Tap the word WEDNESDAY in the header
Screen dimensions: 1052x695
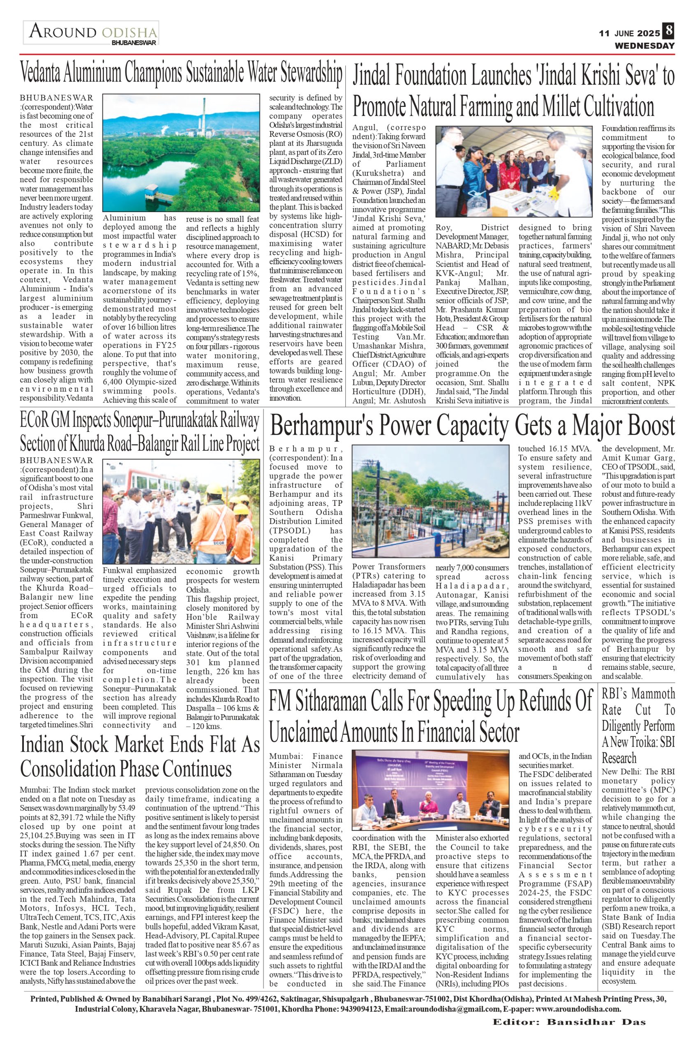pyautogui.click(x=644, y=46)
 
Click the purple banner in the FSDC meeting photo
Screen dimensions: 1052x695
pyautogui.click(x=430, y=770)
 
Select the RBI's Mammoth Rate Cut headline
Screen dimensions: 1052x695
pyautogui.click(x=638, y=726)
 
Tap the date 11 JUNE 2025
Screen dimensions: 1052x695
pyautogui.click(x=629, y=33)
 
